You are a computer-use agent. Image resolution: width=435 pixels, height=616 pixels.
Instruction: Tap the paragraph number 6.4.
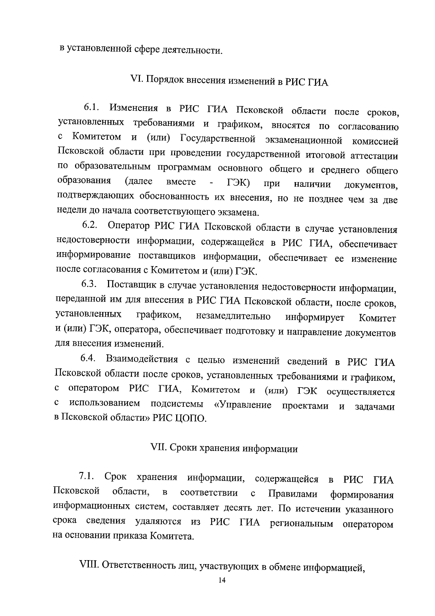coord(88,359)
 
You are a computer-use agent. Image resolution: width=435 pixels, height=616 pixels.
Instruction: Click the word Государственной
coord(218,139)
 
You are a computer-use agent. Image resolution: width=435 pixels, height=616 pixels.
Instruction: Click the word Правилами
coord(293,494)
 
